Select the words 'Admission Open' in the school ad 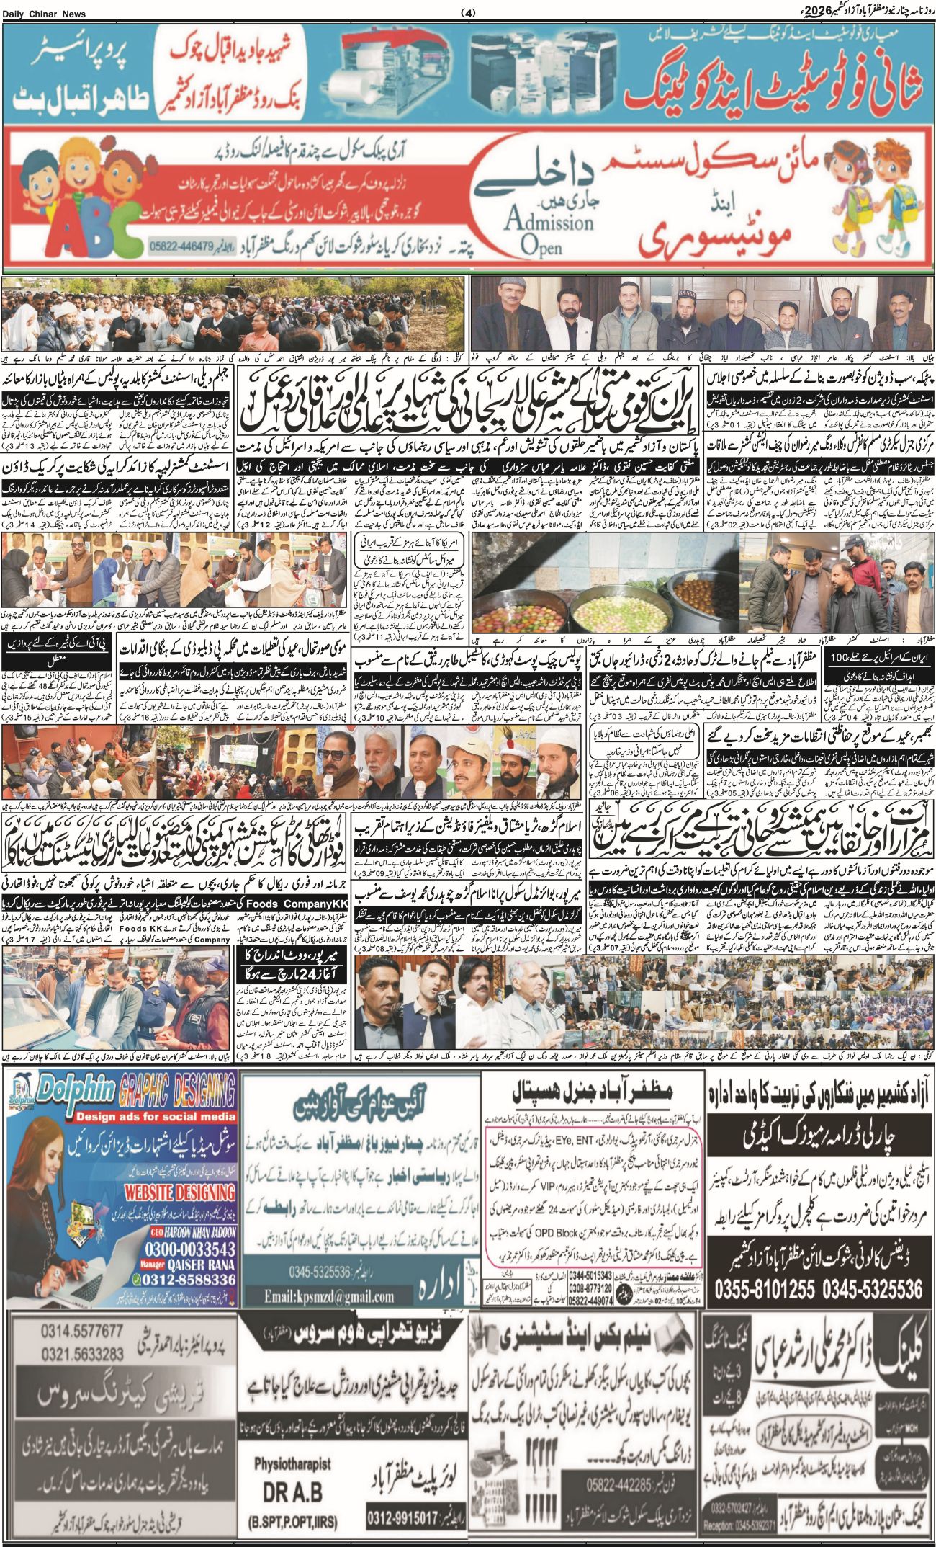point(549,229)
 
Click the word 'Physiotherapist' point(292,1463)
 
